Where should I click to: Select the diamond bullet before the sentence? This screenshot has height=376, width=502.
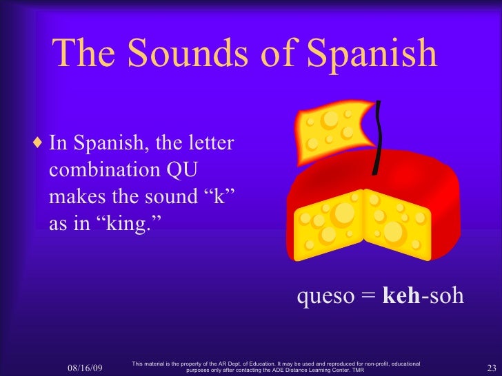[38, 145]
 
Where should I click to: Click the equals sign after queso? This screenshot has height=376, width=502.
[367, 297]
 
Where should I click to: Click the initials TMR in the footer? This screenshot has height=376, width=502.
[357, 370]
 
